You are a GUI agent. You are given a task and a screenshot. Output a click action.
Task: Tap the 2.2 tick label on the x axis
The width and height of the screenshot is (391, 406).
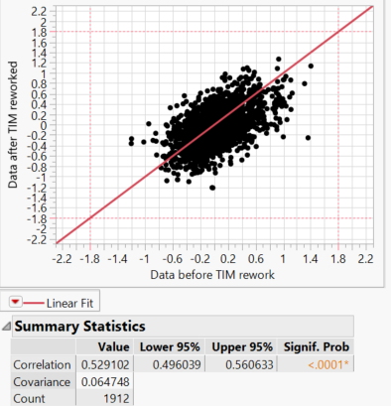coord(365,257)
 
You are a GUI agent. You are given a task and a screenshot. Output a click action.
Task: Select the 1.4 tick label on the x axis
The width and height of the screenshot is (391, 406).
coord(311,257)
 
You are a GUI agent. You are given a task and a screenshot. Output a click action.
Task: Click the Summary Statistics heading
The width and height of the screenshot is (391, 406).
coord(79,327)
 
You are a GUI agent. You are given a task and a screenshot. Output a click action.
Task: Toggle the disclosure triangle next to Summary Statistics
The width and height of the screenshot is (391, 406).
coord(8,327)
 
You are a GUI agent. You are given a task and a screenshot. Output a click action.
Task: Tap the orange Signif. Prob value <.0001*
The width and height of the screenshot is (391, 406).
coord(327,364)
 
